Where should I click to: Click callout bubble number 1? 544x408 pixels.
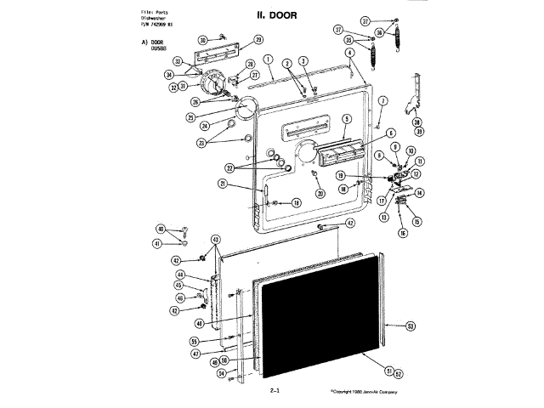(x=268, y=59)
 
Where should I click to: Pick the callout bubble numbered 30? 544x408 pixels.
(x=203, y=39)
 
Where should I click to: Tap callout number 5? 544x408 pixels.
(x=347, y=119)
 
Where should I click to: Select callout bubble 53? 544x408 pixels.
(x=411, y=326)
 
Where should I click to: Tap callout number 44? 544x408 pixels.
(x=181, y=275)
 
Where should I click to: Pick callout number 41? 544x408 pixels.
(x=158, y=244)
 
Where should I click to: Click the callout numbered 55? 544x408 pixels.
(x=194, y=341)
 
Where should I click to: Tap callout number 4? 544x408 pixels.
(x=348, y=52)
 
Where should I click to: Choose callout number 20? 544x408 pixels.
(x=320, y=193)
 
